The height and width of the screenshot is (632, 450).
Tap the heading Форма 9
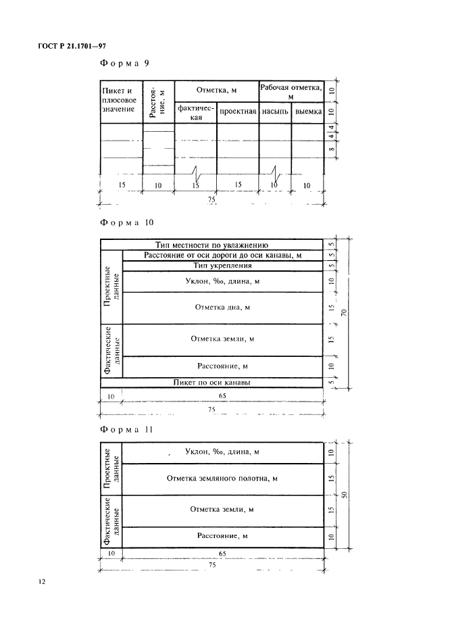coord(124,64)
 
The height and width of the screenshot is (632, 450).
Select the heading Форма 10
coord(127,222)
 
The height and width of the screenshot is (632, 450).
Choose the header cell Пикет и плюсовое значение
coord(120,99)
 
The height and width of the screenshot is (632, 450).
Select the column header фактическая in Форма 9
coord(195,112)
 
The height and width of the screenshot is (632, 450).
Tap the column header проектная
coord(237,112)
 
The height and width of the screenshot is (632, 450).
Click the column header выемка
coord(307,112)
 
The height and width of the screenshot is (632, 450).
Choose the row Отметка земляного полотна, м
coord(223,479)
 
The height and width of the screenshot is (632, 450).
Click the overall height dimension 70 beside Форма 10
coord(344,312)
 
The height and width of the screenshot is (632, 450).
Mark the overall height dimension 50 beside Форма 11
coord(344,495)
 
